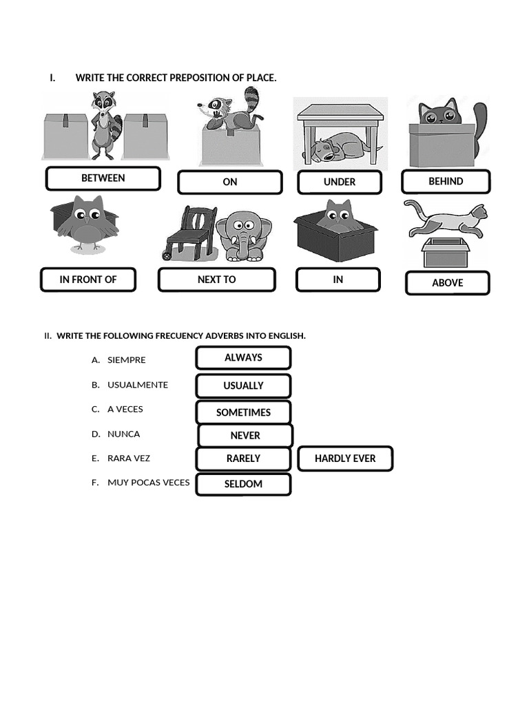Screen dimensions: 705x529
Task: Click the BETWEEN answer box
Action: point(103,178)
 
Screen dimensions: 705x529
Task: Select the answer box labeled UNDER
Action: point(340,182)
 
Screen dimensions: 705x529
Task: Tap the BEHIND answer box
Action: point(446,182)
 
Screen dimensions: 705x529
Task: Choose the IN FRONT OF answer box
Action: point(88,280)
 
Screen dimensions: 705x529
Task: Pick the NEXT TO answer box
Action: point(216,280)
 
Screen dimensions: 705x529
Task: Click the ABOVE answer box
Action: point(447,283)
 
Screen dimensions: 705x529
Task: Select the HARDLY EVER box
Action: point(345,459)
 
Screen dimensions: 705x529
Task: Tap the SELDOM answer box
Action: point(243,484)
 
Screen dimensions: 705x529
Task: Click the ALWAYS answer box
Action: point(243,358)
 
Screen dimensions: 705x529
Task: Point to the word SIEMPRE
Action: point(127,360)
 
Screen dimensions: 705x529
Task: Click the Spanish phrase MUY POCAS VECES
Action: point(148,483)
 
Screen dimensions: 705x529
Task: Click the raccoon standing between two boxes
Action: point(105,124)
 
